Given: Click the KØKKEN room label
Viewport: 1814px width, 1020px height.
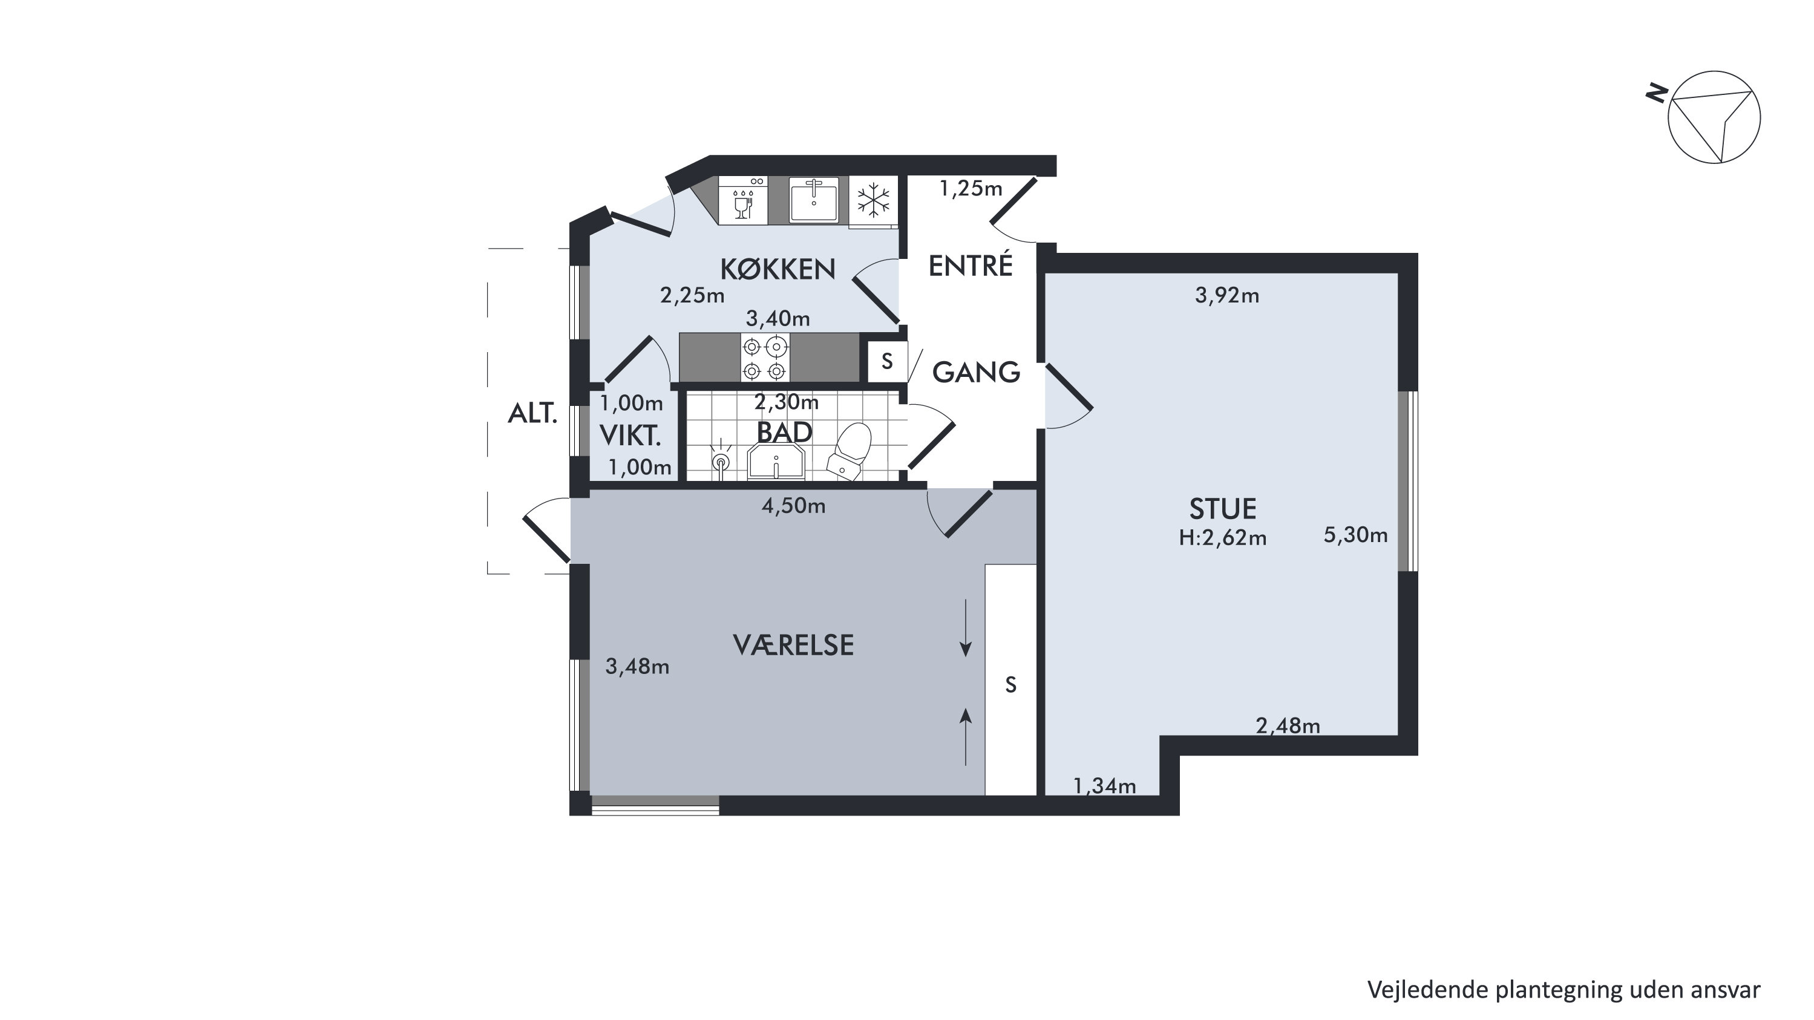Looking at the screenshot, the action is (778, 269).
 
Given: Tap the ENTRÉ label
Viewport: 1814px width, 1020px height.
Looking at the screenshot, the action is (971, 266).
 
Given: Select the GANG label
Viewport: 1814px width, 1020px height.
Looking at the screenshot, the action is (976, 371).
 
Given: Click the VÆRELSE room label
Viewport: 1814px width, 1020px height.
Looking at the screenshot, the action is (794, 645).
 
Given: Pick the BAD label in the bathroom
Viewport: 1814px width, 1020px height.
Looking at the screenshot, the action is (784, 432).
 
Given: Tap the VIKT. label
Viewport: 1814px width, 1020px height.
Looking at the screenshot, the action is (630, 436).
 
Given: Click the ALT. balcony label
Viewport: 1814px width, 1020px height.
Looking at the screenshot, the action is (532, 413).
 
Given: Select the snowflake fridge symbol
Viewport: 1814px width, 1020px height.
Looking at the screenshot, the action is (873, 201).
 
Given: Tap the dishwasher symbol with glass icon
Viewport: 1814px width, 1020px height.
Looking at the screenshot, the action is (743, 201).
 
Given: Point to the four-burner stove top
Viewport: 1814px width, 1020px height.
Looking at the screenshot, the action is (765, 358).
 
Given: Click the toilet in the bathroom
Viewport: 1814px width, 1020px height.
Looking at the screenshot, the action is (850, 451).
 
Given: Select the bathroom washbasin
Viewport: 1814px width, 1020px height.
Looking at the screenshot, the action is (776, 461).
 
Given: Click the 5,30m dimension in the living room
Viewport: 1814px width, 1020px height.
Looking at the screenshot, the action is (1355, 535).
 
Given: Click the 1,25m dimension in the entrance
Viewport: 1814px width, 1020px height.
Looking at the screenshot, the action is (971, 188).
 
